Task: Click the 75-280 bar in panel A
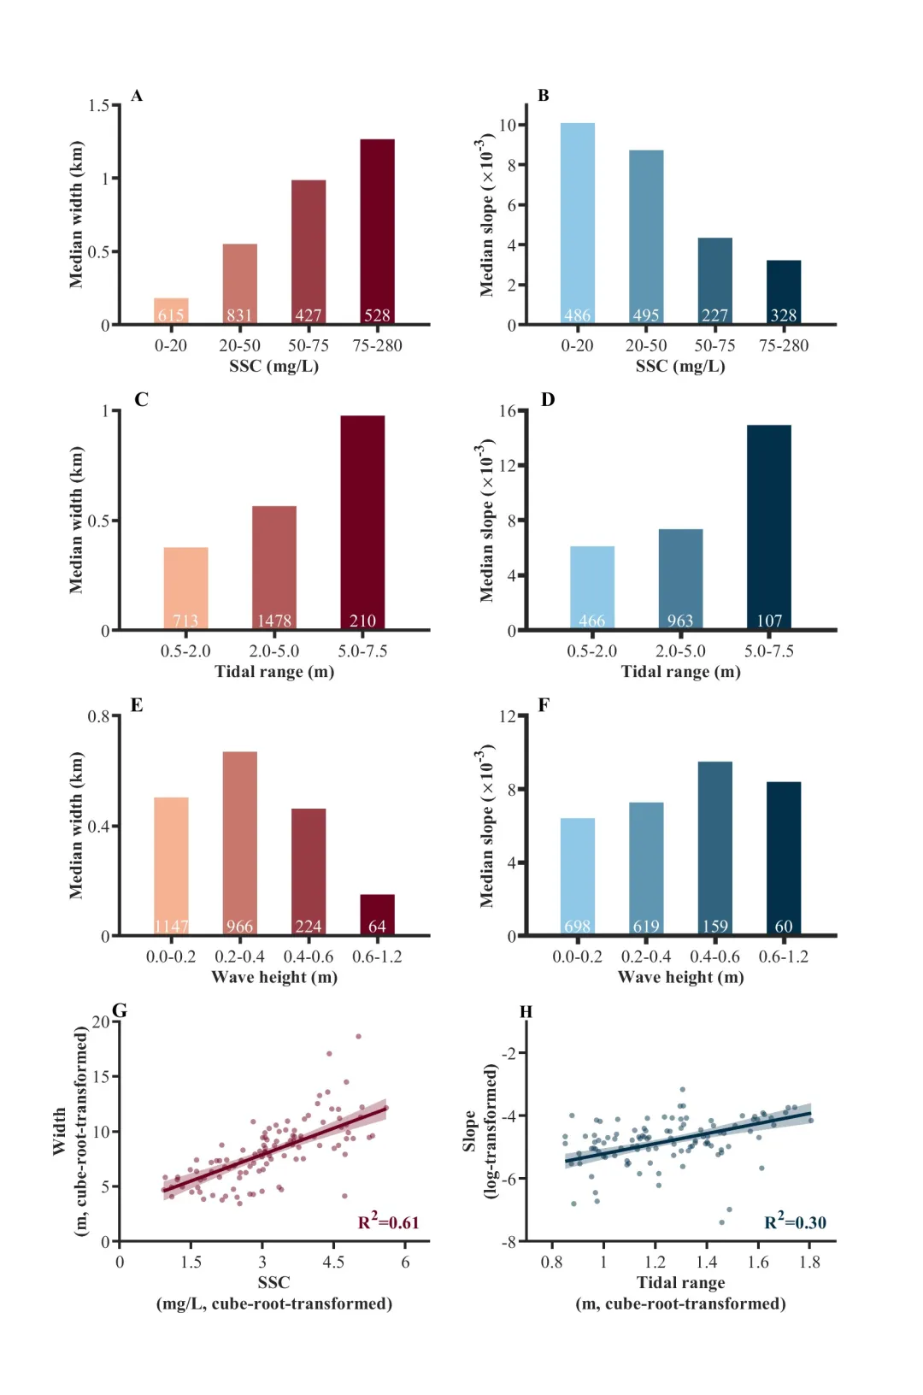(377, 231)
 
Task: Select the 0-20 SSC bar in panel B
(578, 222)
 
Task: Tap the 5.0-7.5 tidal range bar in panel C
(362, 521)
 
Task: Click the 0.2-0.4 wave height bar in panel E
(239, 842)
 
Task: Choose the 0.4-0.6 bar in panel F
(714, 846)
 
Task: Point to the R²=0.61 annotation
(388, 1221)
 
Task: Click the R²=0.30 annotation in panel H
(795, 1221)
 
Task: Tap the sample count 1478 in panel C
(274, 621)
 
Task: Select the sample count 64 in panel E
(377, 926)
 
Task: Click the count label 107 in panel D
(769, 621)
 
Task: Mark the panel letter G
(120, 1011)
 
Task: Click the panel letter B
(544, 96)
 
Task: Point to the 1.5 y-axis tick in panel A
(99, 105)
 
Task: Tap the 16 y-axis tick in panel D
(508, 411)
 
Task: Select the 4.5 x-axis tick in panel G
(333, 1262)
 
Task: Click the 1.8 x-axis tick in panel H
(809, 1262)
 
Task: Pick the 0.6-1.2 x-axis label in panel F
(783, 956)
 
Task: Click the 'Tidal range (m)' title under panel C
(274, 671)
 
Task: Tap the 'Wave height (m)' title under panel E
(274, 977)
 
